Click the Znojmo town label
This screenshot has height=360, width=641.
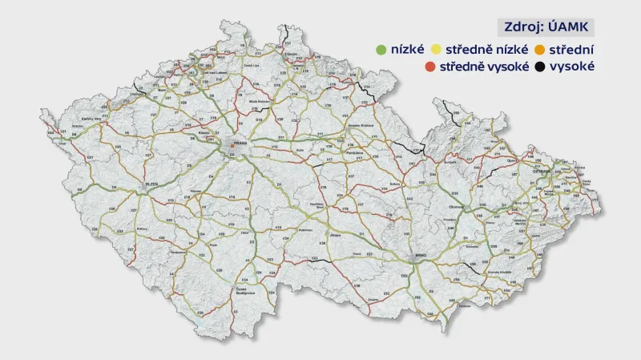click(373, 299)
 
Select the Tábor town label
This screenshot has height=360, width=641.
click(244, 232)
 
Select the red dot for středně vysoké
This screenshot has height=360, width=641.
click(430, 68)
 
